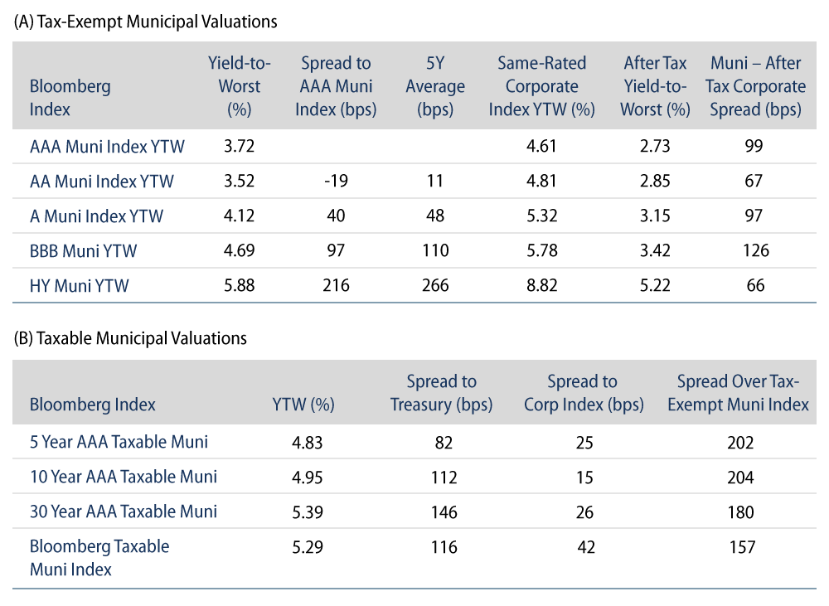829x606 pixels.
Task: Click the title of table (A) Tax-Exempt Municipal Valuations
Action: [x=145, y=23]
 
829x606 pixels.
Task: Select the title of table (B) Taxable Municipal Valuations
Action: [x=130, y=338]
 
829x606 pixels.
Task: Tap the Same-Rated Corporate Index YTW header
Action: [x=541, y=86]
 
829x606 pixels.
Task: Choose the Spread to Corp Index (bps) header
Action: [x=582, y=393]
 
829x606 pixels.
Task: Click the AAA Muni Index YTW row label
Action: [x=107, y=147]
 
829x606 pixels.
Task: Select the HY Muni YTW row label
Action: [x=80, y=286]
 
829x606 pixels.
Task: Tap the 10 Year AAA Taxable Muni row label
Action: [x=124, y=477]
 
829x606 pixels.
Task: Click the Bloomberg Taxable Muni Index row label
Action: [x=99, y=557]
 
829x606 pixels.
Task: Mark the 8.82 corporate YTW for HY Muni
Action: [x=541, y=286]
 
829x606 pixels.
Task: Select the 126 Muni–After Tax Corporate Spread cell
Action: [x=754, y=251]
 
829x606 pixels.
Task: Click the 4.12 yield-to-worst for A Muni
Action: [x=240, y=216]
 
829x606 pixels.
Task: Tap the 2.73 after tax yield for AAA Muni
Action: [x=656, y=147]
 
